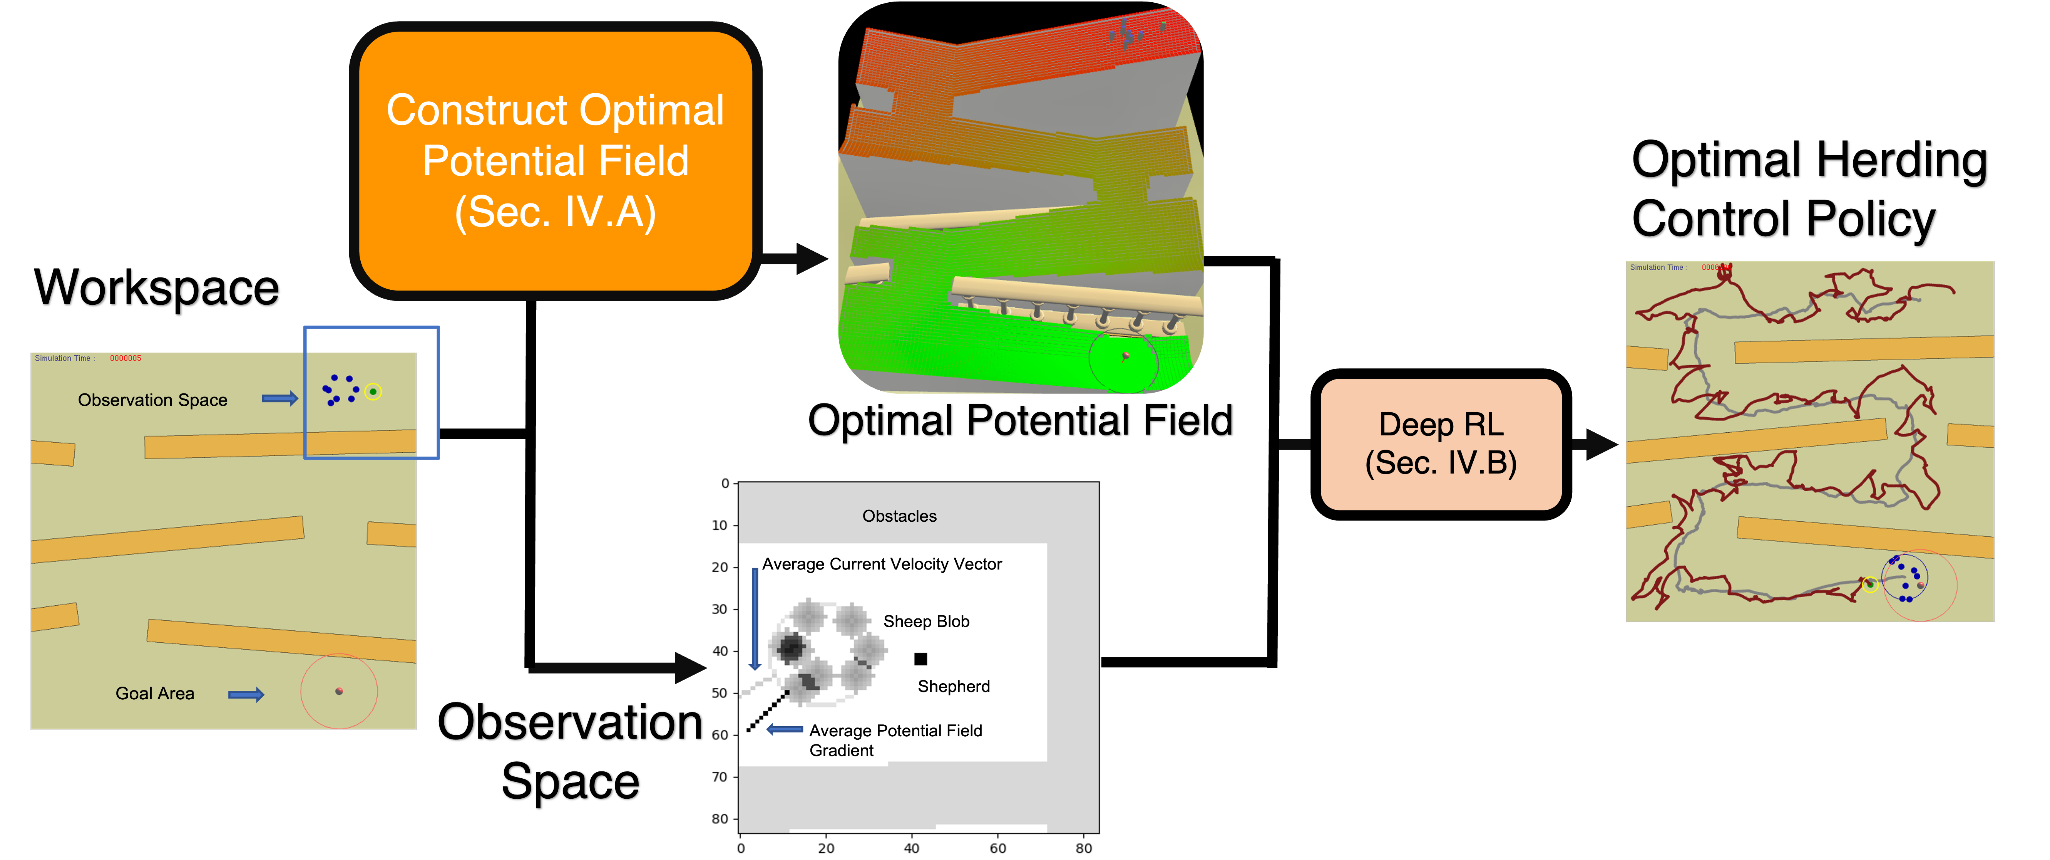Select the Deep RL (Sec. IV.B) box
tap(1441, 443)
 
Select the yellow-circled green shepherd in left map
tap(372, 392)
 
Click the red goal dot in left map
tap(339, 691)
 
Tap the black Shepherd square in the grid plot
tap(921, 658)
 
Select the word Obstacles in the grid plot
tap(899, 516)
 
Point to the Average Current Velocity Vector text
tap(882, 564)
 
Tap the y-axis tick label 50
tap(720, 693)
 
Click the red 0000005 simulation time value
tap(126, 358)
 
